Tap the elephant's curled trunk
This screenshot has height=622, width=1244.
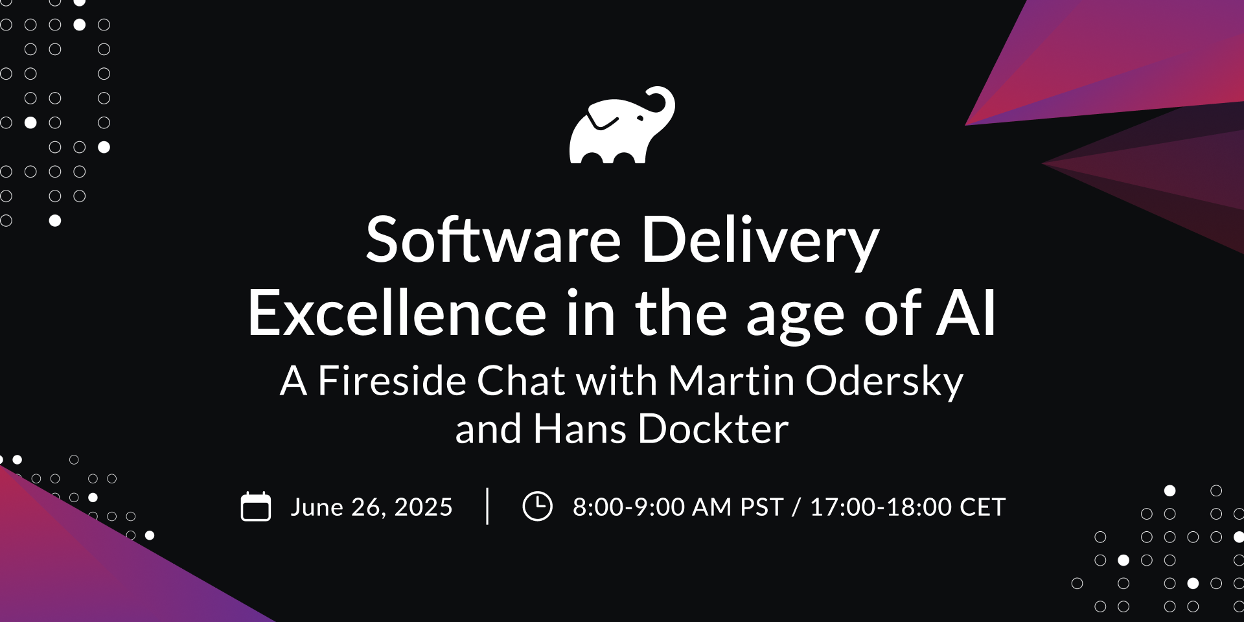click(664, 104)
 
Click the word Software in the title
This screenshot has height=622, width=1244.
click(493, 240)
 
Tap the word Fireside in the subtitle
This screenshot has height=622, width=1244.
click(391, 380)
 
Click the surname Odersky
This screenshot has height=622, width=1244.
click(884, 382)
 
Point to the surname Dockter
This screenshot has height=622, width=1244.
click(713, 429)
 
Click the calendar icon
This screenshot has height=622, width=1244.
click(256, 507)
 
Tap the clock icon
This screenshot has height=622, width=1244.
click(537, 506)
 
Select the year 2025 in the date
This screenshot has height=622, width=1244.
click(423, 507)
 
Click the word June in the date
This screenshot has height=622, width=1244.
click(317, 507)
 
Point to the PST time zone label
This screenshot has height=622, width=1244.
click(761, 507)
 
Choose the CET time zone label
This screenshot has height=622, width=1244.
click(982, 507)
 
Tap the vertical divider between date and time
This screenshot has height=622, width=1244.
click(487, 506)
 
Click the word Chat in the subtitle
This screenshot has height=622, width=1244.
click(521, 380)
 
